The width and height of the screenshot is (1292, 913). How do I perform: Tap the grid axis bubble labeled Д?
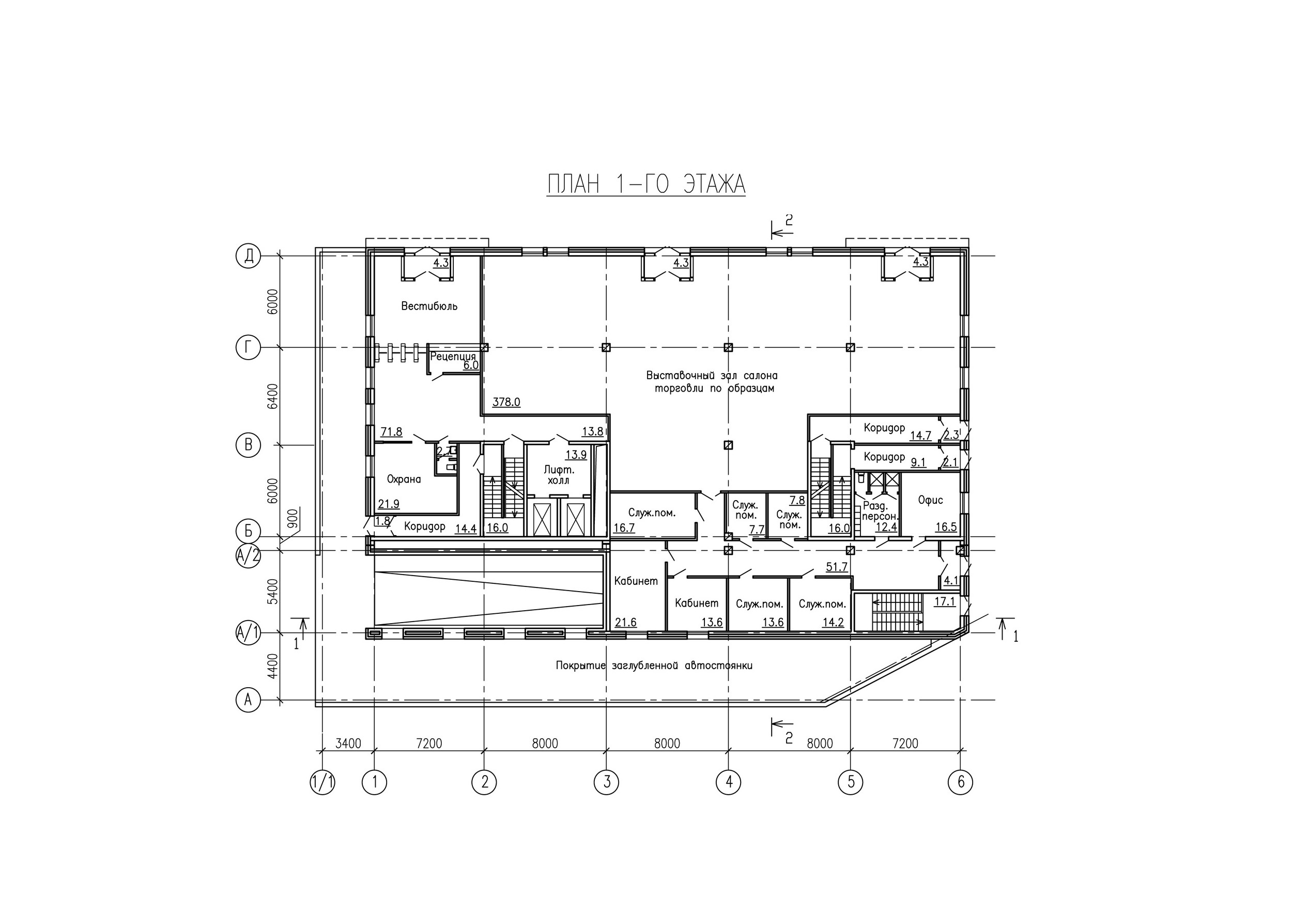[248, 256]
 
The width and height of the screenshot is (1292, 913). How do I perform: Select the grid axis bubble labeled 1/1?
[322, 782]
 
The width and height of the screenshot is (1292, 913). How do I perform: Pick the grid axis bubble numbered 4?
[728, 782]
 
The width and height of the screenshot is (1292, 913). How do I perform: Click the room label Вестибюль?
[429, 306]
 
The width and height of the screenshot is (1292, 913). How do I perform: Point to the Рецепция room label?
[453, 356]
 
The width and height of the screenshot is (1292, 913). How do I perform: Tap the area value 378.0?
[506, 401]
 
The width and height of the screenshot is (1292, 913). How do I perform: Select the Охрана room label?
[404, 479]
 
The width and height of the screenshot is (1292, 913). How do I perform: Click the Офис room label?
[930, 500]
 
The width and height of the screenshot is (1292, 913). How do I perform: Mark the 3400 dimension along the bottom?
[348, 743]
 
